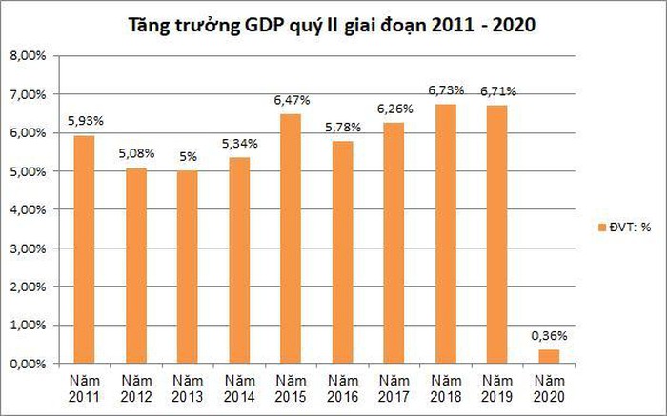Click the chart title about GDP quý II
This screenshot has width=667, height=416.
(333, 25)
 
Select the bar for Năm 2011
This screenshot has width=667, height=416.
(85, 248)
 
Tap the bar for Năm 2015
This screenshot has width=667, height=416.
(291, 238)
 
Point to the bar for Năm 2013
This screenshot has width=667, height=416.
(188, 267)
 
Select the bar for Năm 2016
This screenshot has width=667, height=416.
(342, 251)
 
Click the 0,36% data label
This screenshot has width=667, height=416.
(548, 335)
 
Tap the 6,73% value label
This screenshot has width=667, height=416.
(446, 90)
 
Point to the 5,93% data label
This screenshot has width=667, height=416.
(85, 121)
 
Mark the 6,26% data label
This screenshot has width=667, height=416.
(394, 109)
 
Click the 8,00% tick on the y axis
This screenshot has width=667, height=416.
(28, 56)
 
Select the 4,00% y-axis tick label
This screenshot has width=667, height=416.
(28, 209)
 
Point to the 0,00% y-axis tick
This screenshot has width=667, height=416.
(28, 364)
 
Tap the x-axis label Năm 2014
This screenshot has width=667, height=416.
(239, 387)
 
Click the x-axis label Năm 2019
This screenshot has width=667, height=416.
(496, 387)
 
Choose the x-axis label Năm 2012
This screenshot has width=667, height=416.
(136, 387)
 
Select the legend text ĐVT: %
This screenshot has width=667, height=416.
(630, 227)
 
